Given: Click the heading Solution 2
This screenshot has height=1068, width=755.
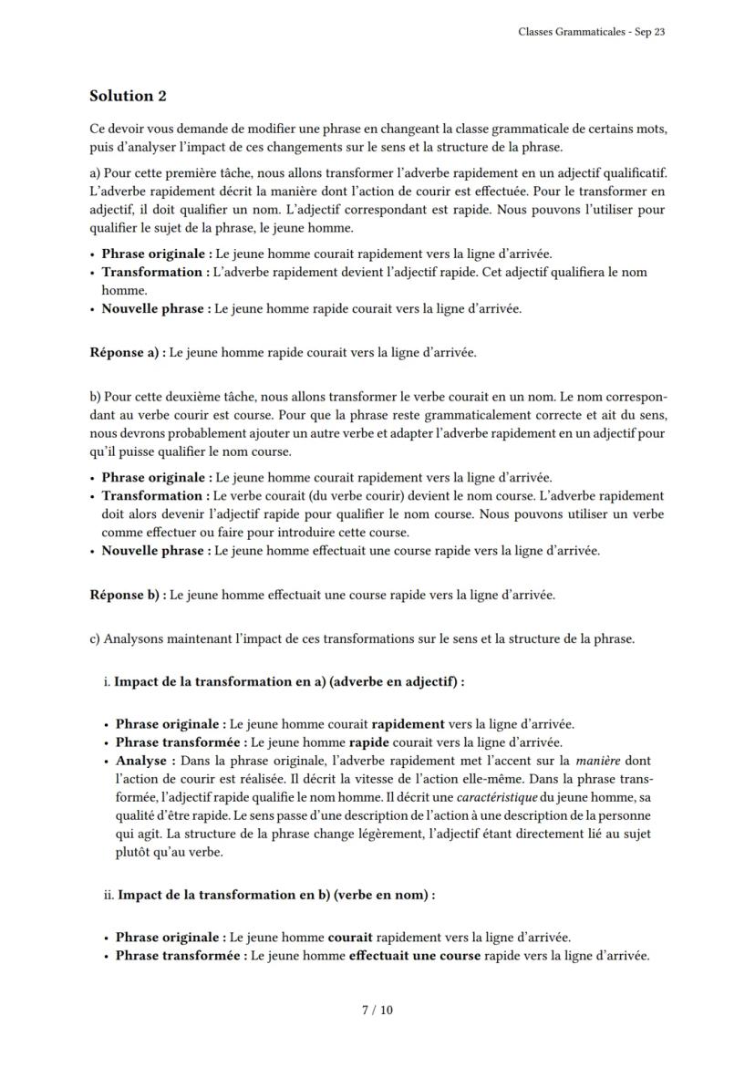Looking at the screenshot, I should pos(128,96).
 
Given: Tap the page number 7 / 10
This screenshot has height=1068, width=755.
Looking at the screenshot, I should pos(377,1010).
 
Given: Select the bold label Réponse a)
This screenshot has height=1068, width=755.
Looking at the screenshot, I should pos(128,352).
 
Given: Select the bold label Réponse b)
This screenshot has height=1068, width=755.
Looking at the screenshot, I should pos(128,595).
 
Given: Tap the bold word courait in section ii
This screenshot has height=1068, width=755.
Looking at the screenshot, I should pos(350,937).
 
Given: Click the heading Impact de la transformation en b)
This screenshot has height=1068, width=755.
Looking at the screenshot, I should pos(275,895).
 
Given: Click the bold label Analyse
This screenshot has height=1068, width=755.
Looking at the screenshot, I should pos(141,760).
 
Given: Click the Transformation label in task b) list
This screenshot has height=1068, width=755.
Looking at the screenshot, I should pos(154,495).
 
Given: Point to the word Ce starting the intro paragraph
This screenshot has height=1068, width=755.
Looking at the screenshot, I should pos(97,129).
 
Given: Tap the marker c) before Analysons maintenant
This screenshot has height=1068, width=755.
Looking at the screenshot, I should pos(95,638).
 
